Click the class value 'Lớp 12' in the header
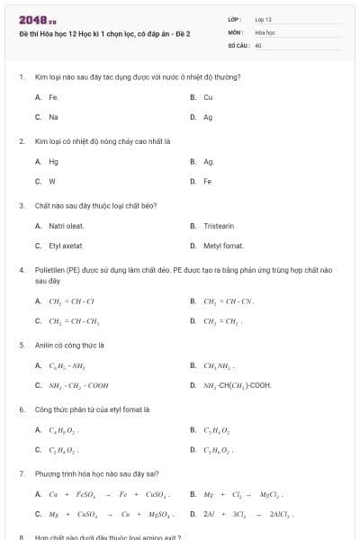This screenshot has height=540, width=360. pos(263,19)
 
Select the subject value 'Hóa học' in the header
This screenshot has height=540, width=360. pos(265,31)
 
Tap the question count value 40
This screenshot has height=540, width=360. pos(258,44)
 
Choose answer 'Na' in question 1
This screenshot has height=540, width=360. pos(54,117)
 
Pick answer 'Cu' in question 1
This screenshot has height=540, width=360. pos(208,97)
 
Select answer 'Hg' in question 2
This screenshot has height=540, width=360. pos(54,162)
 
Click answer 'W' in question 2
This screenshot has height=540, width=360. pos(52,181)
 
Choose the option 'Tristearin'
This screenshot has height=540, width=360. pos(219,226)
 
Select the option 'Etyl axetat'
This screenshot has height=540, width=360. pos(66,245)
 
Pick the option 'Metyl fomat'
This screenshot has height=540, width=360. pos(223,245)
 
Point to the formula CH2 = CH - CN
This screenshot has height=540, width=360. pos(229,301)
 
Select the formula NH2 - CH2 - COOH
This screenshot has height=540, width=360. pos(78,385)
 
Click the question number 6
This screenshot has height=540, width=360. pos(21,409)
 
